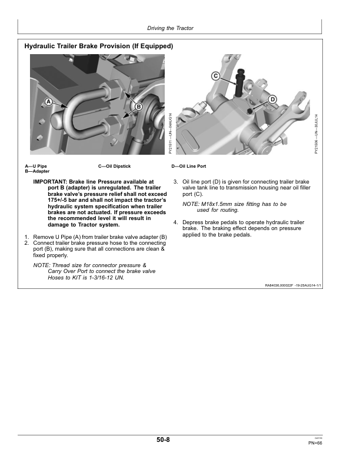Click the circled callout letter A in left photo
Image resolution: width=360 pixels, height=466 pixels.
click(49, 101)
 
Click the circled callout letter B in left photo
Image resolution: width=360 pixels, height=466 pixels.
click(139, 106)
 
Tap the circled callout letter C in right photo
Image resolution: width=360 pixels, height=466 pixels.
click(215, 76)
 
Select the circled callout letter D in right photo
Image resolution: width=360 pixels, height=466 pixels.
click(273, 99)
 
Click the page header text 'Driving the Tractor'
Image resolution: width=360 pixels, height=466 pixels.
click(170, 28)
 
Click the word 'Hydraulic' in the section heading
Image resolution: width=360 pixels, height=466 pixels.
click(41, 46)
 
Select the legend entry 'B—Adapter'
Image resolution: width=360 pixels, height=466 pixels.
click(37, 171)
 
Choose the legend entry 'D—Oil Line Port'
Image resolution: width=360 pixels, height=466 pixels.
click(188, 167)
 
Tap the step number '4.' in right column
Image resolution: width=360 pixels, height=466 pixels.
click(175, 222)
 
